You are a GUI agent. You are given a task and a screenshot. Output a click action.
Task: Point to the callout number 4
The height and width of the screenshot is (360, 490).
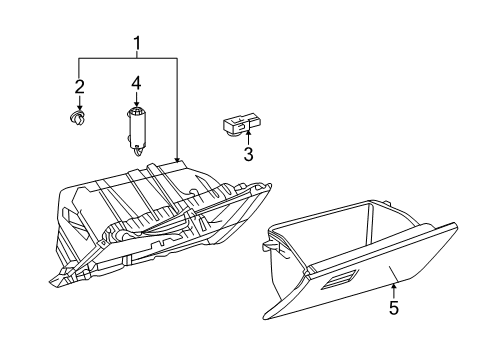tap(137, 81)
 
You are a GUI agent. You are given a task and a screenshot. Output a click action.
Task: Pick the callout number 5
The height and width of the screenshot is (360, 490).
tap(393, 309)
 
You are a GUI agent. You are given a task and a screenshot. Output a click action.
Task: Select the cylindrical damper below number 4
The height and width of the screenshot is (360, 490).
tap(138, 128)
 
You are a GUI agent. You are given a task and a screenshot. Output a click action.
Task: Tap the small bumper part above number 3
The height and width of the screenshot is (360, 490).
tap(237, 124)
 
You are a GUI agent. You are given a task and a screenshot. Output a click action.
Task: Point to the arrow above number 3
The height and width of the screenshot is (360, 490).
tap(247, 138)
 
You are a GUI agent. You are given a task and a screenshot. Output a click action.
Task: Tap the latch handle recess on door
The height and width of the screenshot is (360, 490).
tap(339, 283)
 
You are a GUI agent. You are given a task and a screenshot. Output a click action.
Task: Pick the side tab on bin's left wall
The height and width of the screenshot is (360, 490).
tap(268, 242)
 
